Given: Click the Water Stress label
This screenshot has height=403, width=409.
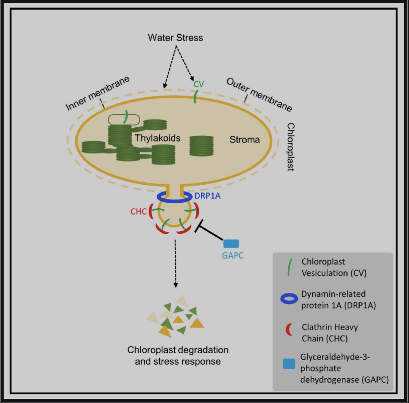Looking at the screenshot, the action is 175,38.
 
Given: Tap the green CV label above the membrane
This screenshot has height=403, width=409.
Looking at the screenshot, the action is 199,84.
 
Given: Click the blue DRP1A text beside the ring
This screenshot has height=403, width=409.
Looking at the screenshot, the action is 208,196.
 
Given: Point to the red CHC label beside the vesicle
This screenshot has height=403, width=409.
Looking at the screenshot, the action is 139,211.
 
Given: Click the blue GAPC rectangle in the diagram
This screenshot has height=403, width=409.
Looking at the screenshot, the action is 231,244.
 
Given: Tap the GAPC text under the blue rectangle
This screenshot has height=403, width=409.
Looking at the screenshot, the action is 233,256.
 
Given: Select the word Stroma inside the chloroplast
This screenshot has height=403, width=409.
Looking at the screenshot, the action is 245,140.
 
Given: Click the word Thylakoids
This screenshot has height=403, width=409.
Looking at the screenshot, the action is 158,138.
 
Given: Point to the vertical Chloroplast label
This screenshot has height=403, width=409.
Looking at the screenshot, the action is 291,147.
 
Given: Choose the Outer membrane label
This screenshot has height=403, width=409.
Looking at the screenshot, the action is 259,95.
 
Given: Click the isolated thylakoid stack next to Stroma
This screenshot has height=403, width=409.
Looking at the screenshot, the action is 201,146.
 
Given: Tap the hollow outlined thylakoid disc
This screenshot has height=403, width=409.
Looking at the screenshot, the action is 124,120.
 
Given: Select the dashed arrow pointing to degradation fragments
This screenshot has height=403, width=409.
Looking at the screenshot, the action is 176,264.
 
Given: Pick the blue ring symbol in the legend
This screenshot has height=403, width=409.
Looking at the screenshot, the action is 289,299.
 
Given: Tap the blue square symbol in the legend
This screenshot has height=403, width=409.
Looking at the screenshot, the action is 289,364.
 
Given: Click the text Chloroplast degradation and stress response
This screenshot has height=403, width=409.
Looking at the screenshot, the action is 178,356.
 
